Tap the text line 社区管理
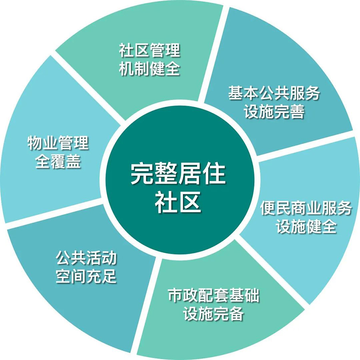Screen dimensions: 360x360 150,50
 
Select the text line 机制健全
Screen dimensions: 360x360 150,68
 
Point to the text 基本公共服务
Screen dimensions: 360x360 274,93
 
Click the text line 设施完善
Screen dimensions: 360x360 274,111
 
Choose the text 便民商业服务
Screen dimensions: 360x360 306,208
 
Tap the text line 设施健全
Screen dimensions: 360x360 306,227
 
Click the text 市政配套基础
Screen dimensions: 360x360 214,295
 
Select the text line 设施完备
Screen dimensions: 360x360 214,314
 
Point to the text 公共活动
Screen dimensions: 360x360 86,258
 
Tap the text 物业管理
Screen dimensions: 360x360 58,143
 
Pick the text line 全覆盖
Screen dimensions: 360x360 58,161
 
